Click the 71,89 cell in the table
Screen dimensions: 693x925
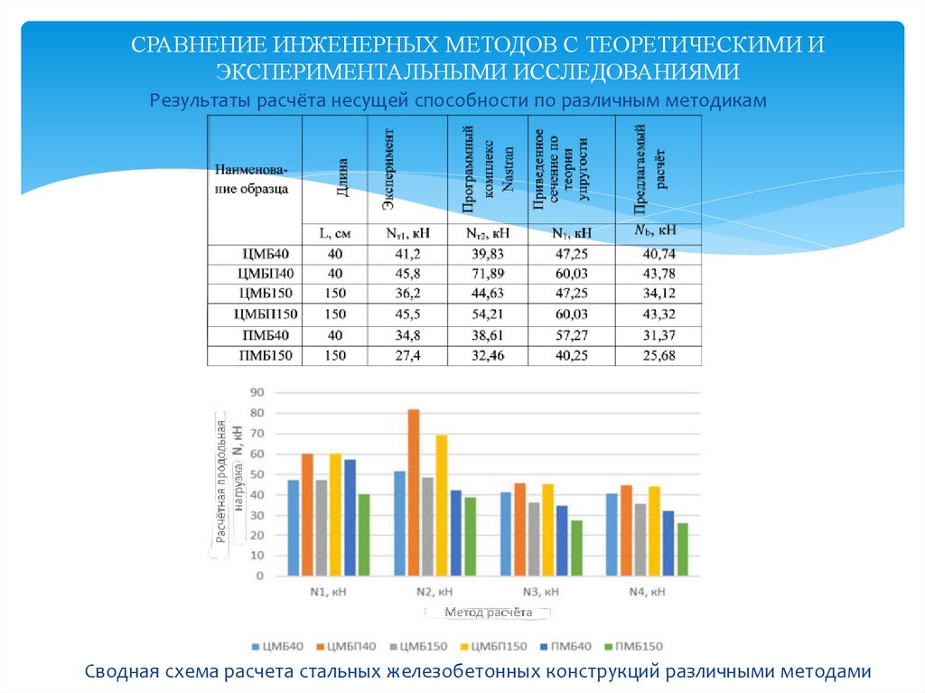pos(490,274)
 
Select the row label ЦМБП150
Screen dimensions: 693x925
pos(266,314)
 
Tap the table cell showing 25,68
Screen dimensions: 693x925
pos(658,355)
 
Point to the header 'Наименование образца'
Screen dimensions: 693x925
pos(254,179)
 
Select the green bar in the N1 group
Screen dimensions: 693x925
pos(364,534)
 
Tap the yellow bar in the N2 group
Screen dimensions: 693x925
pos(442,504)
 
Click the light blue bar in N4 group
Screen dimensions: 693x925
pos(612,533)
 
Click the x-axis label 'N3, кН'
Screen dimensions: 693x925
pos(540,593)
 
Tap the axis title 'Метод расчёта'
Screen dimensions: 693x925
pos(489,613)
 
